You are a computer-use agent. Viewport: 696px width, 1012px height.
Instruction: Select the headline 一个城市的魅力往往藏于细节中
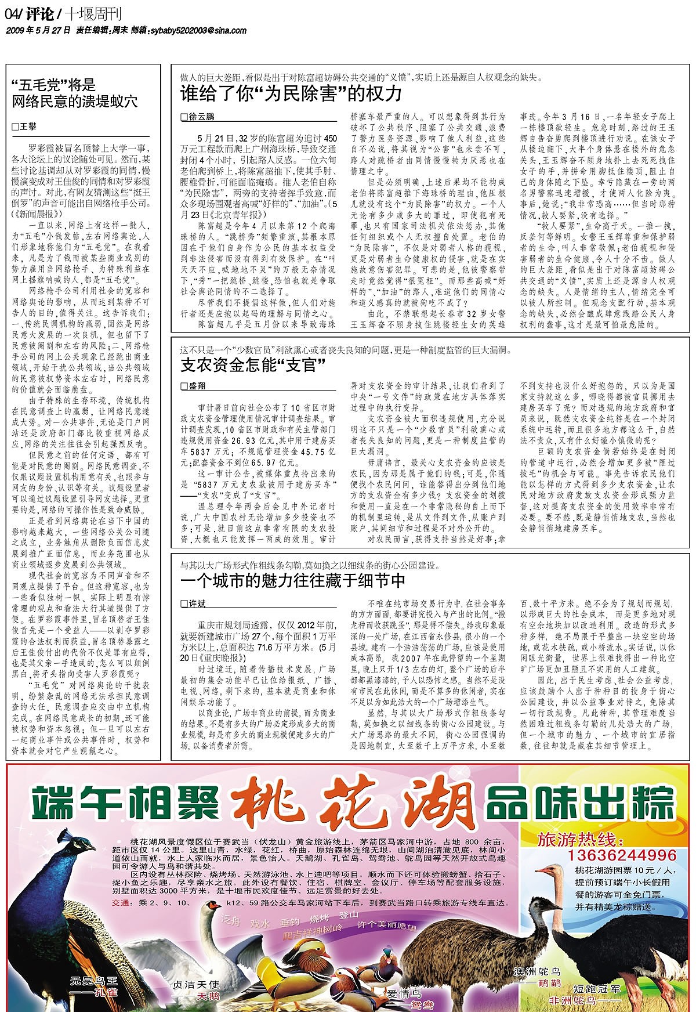coord(293,580)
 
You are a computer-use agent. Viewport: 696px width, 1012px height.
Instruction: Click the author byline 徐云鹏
coord(201,117)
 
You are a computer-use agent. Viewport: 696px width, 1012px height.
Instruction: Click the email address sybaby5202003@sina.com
coord(197,30)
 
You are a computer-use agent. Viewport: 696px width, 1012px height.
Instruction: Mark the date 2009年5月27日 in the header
coord(38,30)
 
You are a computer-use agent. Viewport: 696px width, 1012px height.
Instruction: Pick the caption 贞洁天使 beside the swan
coord(197,985)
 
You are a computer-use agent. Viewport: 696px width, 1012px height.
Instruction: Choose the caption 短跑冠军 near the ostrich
coord(596,988)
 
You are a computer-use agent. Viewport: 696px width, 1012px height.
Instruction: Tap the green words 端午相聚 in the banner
coord(128,803)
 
